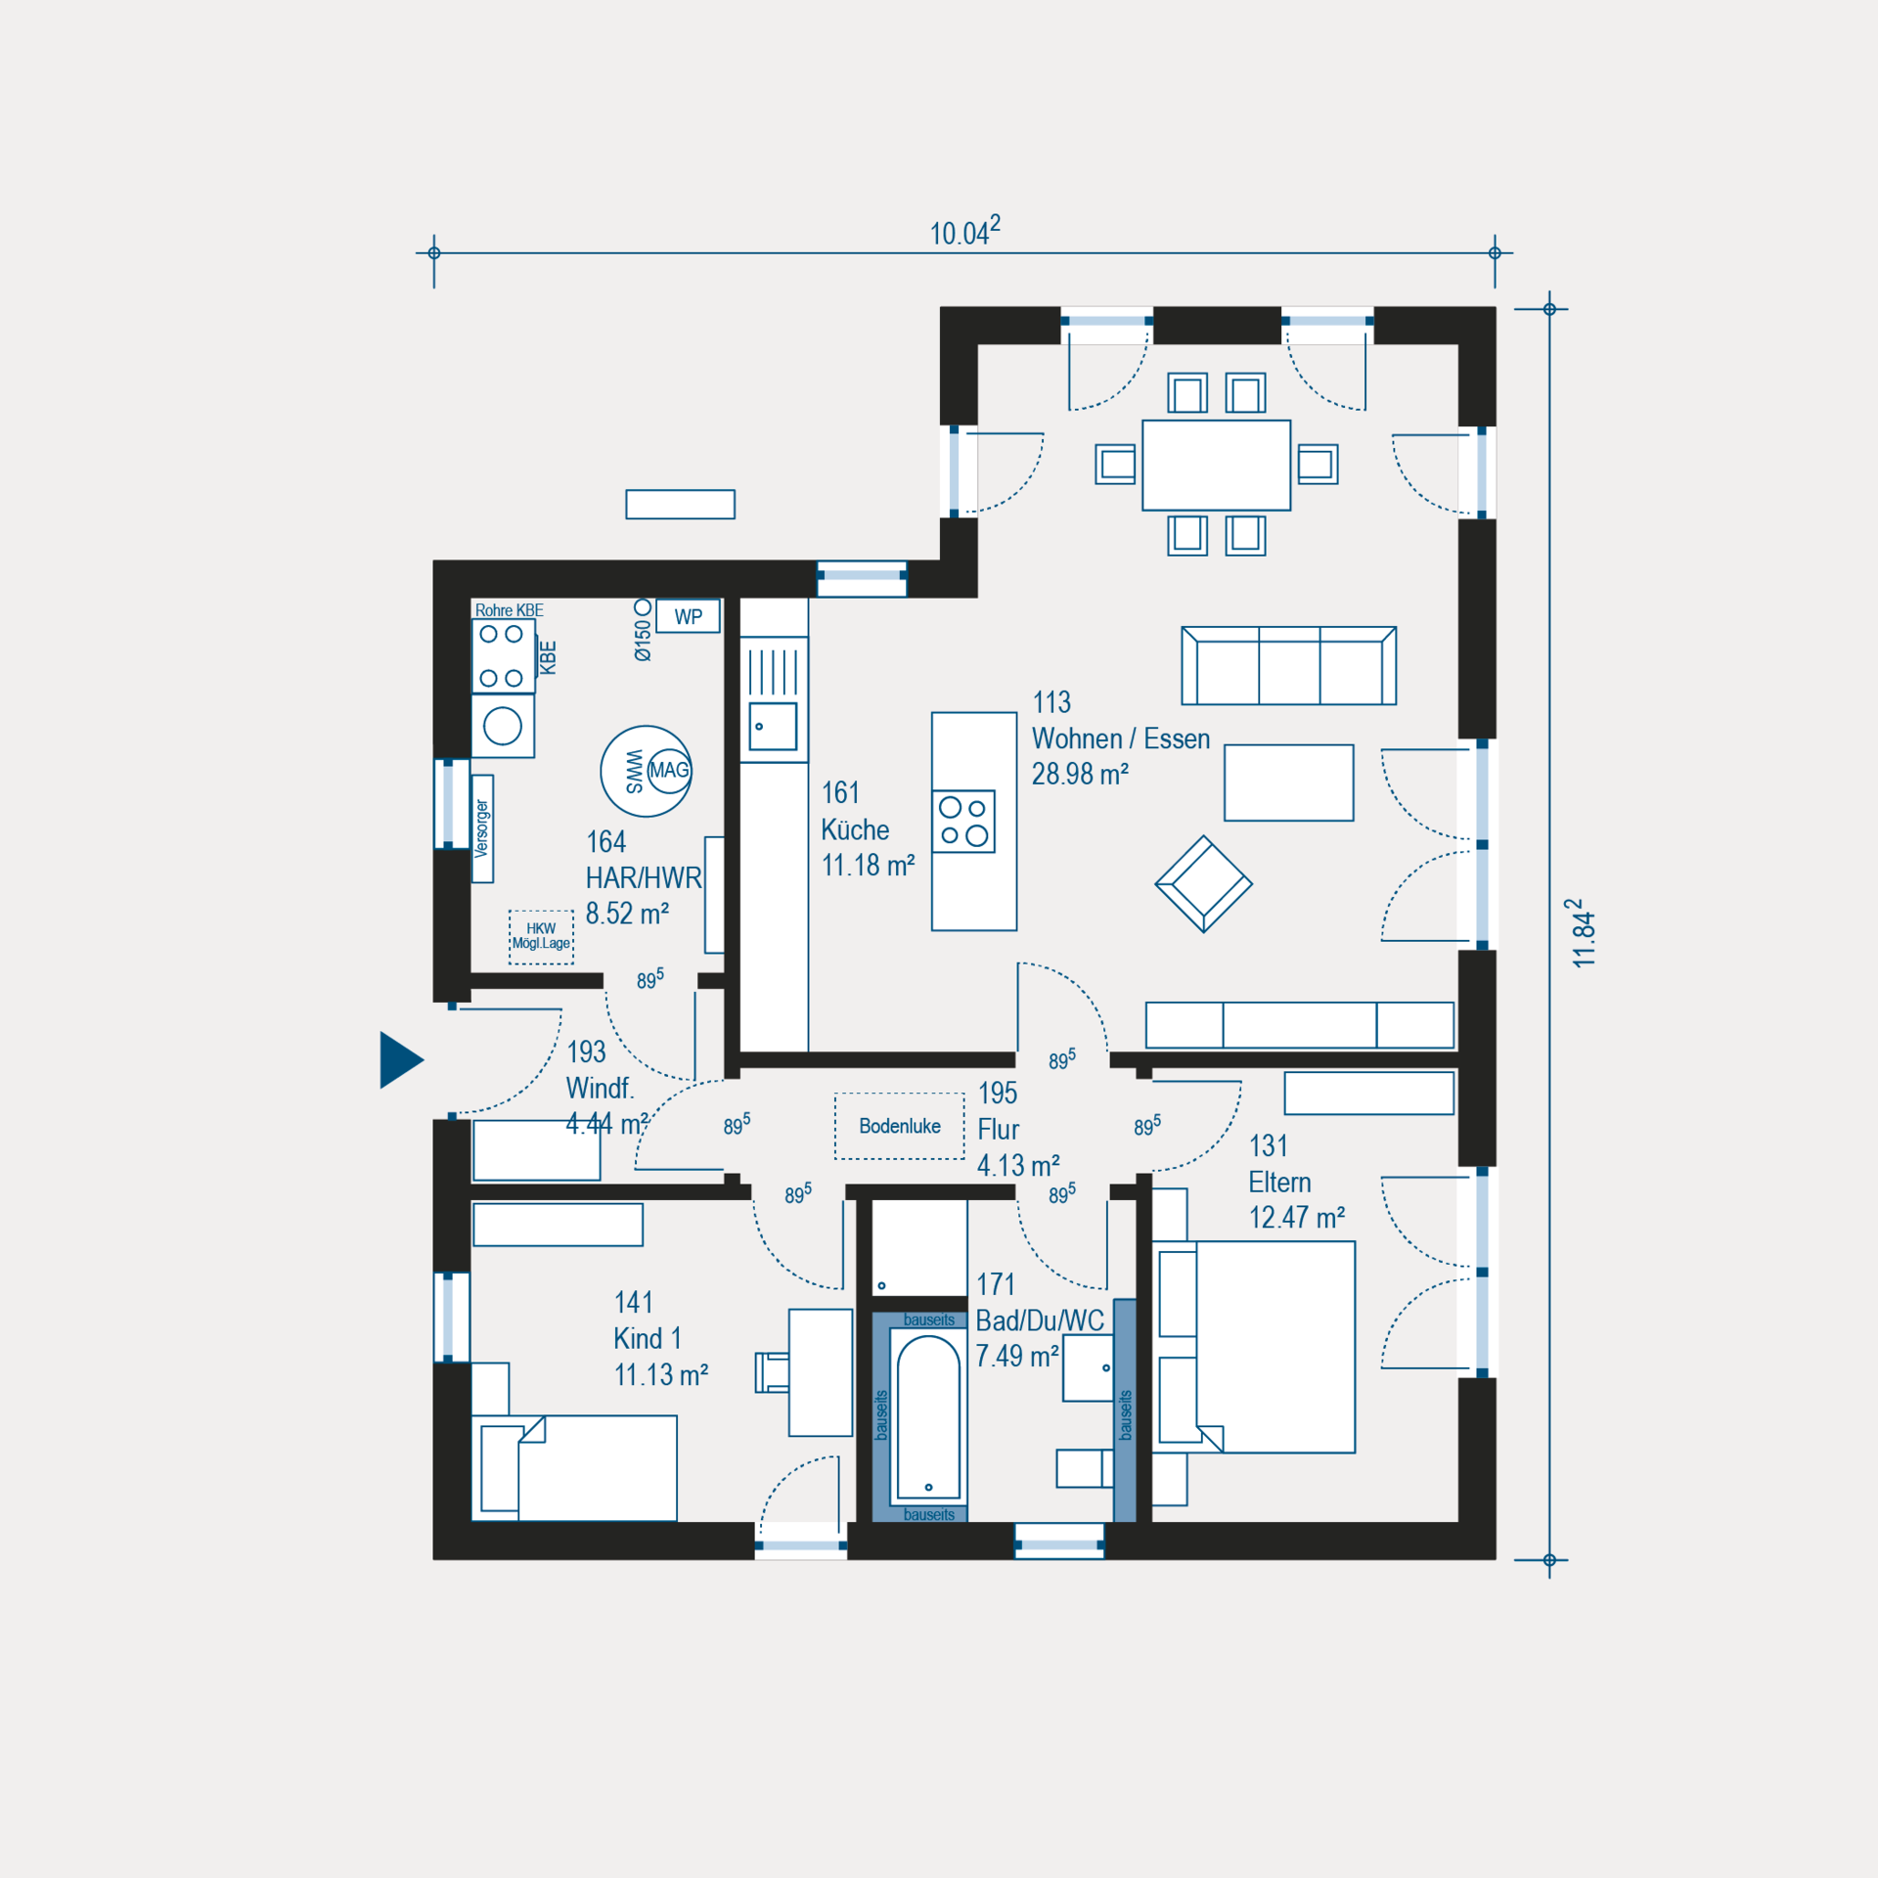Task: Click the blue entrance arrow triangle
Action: pyautogui.click(x=400, y=1060)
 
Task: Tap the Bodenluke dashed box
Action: pyautogui.click(x=900, y=1126)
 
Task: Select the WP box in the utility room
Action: pyautogui.click(x=688, y=617)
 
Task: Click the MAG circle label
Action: pyautogui.click(x=670, y=770)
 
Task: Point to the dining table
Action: pyautogui.click(x=1216, y=465)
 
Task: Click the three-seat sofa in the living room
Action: pyautogui.click(x=1288, y=666)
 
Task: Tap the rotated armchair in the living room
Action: pyautogui.click(x=1203, y=883)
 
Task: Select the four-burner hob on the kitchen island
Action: pyautogui.click(x=963, y=822)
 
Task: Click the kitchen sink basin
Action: pyautogui.click(x=773, y=727)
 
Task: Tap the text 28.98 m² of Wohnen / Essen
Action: pyautogui.click(x=1080, y=774)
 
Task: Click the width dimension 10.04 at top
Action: pyautogui.click(x=965, y=232)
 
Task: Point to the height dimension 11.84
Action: pyautogui.click(x=1583, y=933)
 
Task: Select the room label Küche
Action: pyautogui.click(x=855, y=829)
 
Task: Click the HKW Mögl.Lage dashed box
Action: pyautogui.click(x=541, y=937)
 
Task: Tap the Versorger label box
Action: pyautogui.click(x=482, y=828)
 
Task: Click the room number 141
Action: pyautogui.click(x=634, y=1302)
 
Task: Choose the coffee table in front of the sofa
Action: pyautogui.click(x=1289, y=782)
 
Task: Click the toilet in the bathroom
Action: pyautogui.click(x=1085, y=1468)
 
